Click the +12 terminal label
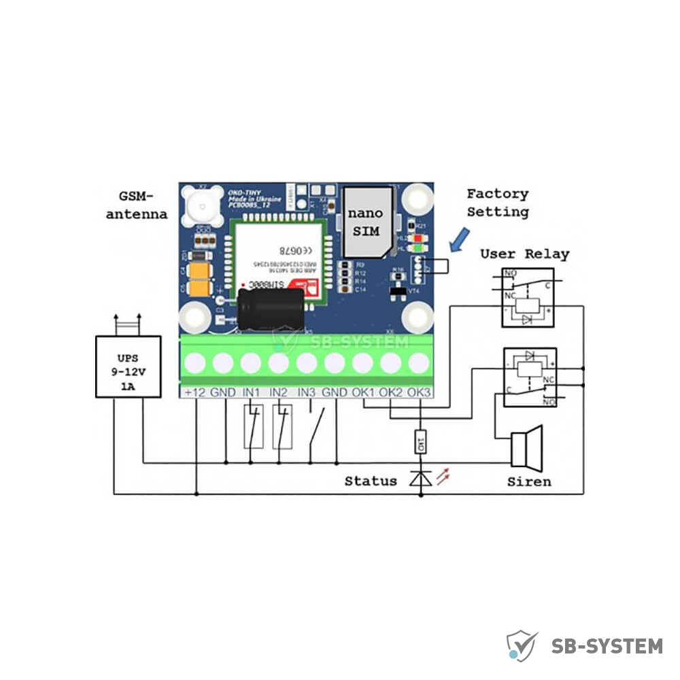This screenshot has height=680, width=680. click(194, 392)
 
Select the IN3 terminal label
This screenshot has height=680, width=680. click(307, 392)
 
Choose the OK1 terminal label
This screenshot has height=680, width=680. click(363, 392)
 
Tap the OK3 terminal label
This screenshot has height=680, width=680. click(420, 392)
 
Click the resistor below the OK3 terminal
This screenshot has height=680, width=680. click(420, 443)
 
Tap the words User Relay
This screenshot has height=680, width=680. click(524, 254)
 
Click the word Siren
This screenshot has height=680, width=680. click(529, 481)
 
